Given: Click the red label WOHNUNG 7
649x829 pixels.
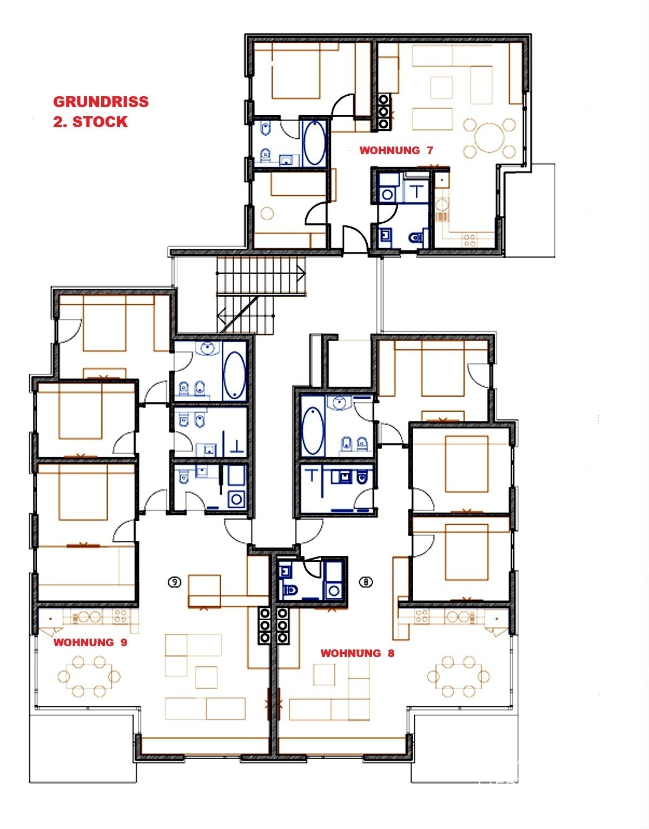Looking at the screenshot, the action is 396,150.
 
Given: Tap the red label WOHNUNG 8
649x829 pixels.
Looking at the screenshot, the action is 357,653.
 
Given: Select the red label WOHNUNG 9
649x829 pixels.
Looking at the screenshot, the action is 90,642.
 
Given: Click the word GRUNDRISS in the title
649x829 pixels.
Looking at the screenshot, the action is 101,102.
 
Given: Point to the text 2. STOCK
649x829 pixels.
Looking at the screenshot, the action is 90,122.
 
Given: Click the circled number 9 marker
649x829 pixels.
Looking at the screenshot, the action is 175,582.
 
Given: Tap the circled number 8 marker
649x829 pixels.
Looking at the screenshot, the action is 366,582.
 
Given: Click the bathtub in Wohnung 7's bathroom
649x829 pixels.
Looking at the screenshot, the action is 315,143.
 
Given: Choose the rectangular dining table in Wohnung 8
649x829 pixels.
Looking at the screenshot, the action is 458,677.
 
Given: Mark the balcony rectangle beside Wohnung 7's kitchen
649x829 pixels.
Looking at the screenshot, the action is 530,210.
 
